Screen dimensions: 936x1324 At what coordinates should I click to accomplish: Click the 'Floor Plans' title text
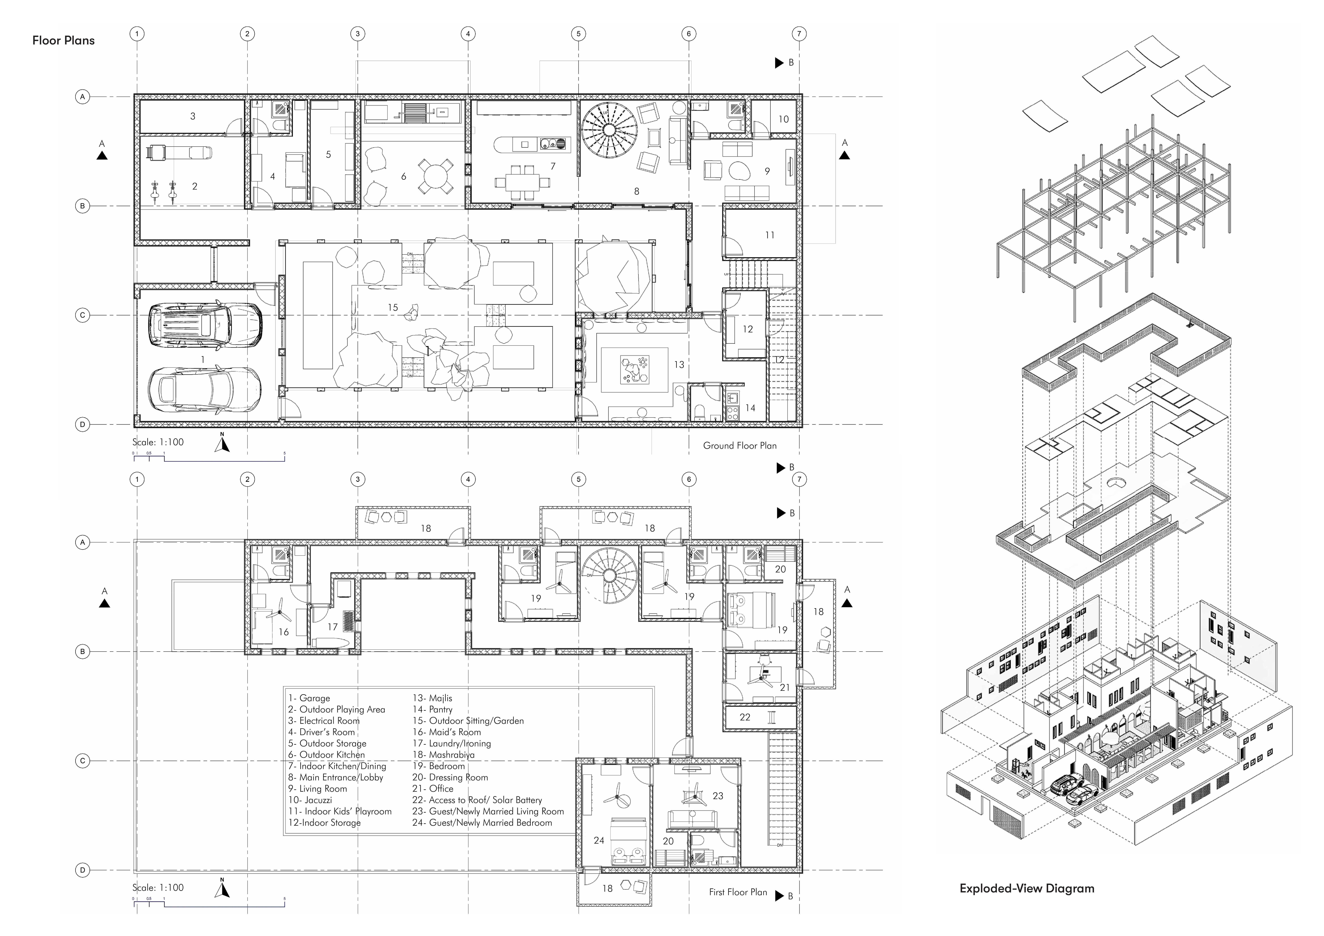click(x=63, y=40)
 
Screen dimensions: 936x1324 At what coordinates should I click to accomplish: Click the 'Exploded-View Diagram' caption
click(x=1026, y=888)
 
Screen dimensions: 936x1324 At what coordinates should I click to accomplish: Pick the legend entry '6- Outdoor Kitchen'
click(x=326, y=754)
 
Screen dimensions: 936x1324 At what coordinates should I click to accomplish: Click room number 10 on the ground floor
click(x=783, y=119)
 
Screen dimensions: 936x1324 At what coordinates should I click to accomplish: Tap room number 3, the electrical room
click(x=193, y=116)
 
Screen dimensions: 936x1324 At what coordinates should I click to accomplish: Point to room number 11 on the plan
click(x=769, y=235)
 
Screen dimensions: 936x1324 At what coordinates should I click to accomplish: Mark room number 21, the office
click(x=784, y=687)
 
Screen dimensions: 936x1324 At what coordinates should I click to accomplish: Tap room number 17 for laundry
click(x=332, y=627)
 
